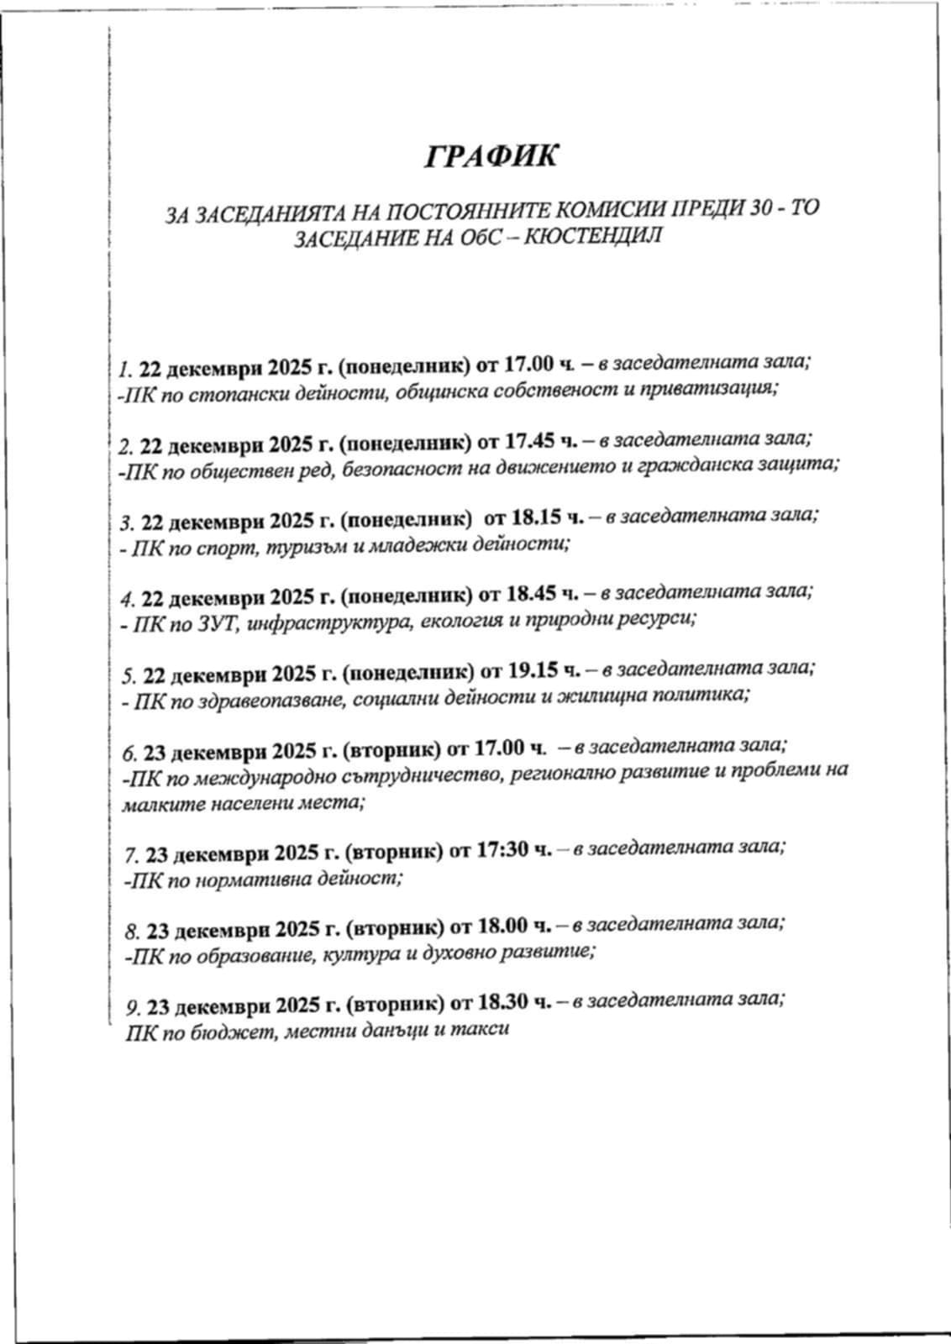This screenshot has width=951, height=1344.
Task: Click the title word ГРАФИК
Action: [x=491, y=156]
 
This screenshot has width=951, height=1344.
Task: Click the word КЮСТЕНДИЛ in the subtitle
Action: [x=599, y=235]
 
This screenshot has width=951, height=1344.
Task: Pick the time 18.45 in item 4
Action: [x=533, y=595]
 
